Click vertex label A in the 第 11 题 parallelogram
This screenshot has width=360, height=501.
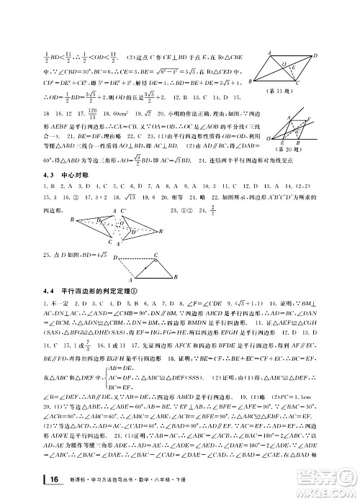tap(268, 52)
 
